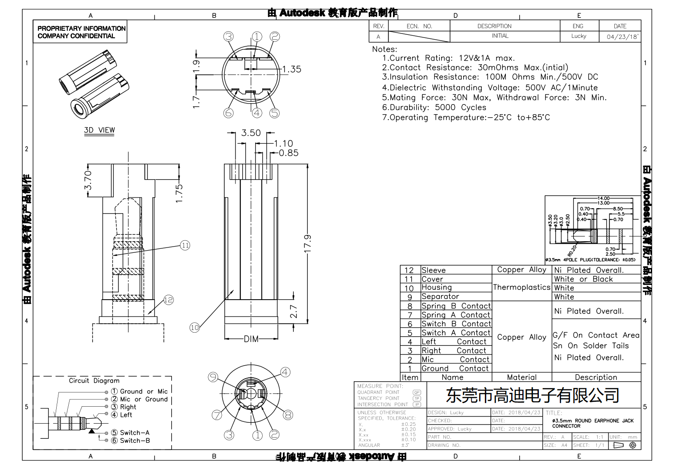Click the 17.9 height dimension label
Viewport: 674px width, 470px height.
(x=308, y=243)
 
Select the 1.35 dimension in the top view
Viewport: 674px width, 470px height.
(x=292, y=69)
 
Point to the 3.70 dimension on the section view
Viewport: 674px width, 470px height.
(x=88, y=180)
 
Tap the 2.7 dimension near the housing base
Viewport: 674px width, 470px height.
(x=294, y=311)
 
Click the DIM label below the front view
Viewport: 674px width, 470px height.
(x=251, y=339)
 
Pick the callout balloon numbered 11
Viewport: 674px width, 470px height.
(x=185, y=245)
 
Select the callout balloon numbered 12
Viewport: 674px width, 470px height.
(x=168, y=300)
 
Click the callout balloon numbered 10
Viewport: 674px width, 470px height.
(x=194, y=328)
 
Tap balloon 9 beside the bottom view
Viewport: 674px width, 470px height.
(x=213, y=377)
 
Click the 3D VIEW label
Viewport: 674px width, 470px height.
(x=99, y=130)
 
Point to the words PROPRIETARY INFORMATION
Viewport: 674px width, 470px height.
(x=81, y=28)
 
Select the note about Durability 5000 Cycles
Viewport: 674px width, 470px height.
(x=434, y=107)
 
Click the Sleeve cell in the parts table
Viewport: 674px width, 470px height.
(x=434, y=270)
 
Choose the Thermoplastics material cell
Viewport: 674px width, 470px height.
(x=521, y=288)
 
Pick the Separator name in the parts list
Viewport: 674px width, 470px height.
(x=440, y=297)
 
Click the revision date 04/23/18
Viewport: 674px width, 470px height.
(x=622, y=37)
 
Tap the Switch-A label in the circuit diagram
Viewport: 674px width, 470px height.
(x=134, y=433)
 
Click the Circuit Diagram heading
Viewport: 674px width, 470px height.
(x=94, y=380)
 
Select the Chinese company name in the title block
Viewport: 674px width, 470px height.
(x=533, y=395)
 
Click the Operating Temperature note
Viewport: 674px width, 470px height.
(x=466, y=117)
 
